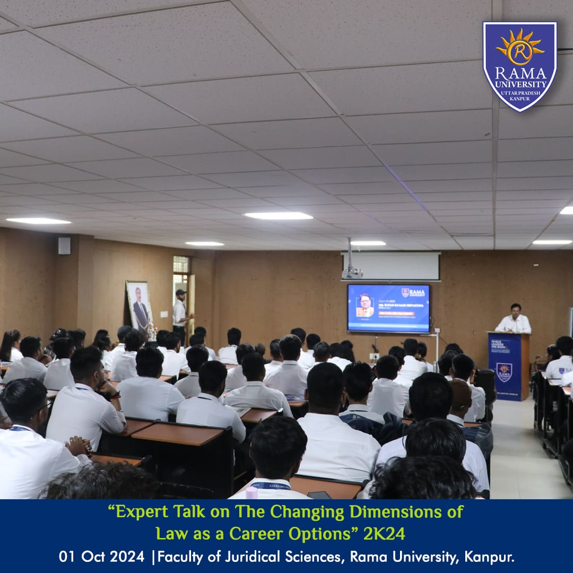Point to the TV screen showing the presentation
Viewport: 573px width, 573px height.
pyautogui.click(x=388, y=308)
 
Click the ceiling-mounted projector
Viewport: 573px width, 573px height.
pyautogui.click(x=351, y=272)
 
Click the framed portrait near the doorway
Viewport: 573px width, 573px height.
pyautogui.click(x=140, y=306)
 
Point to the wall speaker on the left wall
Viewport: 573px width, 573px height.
pyautogui.click(x=64, y=246)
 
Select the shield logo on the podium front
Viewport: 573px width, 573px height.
pyautogui.click(x=503, y=371)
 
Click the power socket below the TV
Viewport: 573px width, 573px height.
pyautogui.click(x=375, y=355)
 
